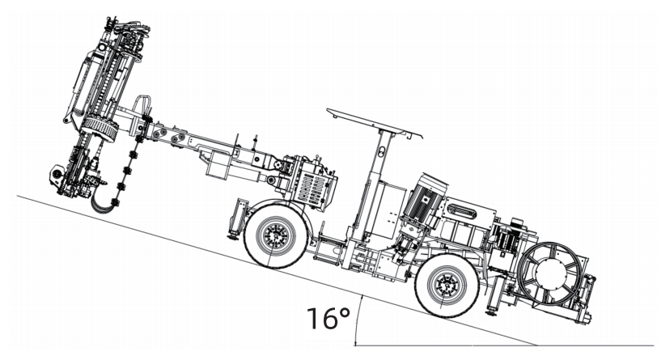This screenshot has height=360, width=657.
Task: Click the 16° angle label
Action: click(x=328, y=318)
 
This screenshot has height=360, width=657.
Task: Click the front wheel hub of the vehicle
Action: click(x=275, y=236)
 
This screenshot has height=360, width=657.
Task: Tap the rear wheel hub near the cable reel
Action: click(x=447, y=285)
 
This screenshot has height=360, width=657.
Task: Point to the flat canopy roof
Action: click(x=375, y=123)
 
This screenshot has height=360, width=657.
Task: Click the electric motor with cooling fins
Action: click(x=424, y=198)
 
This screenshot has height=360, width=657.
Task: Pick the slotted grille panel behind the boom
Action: click(x=312, y=188)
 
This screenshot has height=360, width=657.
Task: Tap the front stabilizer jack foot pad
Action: click(x=231, y=238)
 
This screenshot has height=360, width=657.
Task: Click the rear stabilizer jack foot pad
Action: click(x=490, y=312)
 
